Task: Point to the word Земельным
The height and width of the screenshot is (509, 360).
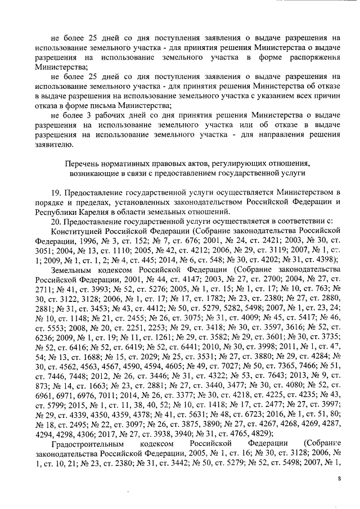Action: [x=71, y=270]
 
